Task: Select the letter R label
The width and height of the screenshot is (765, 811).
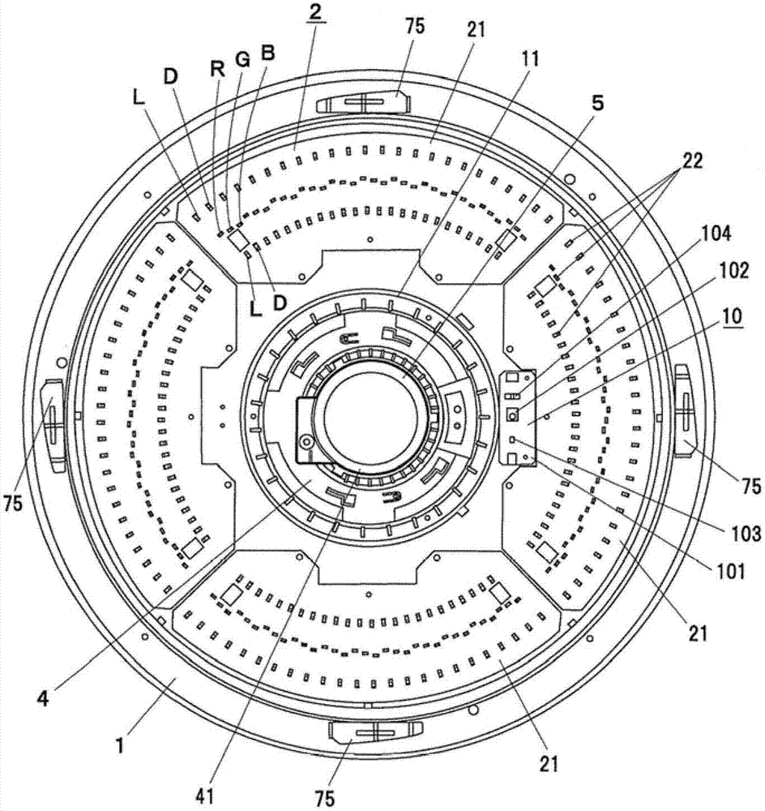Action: (216, 69)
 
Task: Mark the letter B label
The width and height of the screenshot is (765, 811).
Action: (267, 53)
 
